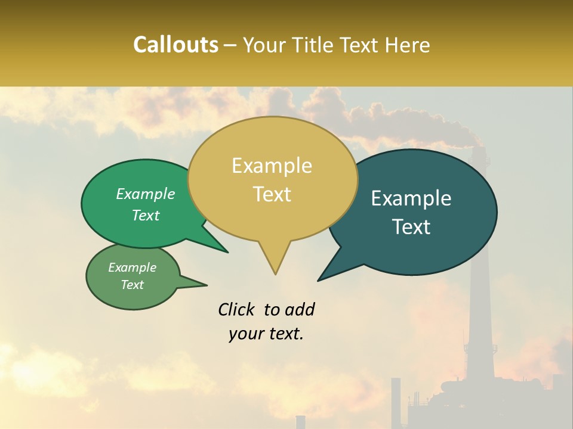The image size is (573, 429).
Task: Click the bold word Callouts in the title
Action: (x=175, y=45)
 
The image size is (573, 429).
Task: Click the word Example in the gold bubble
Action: (x=272, y=166)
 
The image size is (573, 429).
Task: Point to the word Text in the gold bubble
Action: (x=272, y=194)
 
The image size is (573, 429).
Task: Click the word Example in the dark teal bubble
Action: (x=411, y=198)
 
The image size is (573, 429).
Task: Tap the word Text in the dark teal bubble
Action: (x=411, y=227)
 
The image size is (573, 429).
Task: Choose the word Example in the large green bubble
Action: (x=145, y=194)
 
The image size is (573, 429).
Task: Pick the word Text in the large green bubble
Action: (x=145, y=215)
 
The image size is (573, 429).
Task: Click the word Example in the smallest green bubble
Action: (x=132, y=268)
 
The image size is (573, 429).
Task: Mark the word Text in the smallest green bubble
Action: (x=132, y=285)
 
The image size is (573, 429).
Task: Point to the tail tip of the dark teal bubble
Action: (x=319, y=280)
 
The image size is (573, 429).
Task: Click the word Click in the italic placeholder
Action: (x=238, y=309)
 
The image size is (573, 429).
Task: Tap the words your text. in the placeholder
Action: (x=266, y=334)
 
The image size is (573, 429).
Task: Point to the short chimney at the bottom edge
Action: (x=300, y=422)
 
